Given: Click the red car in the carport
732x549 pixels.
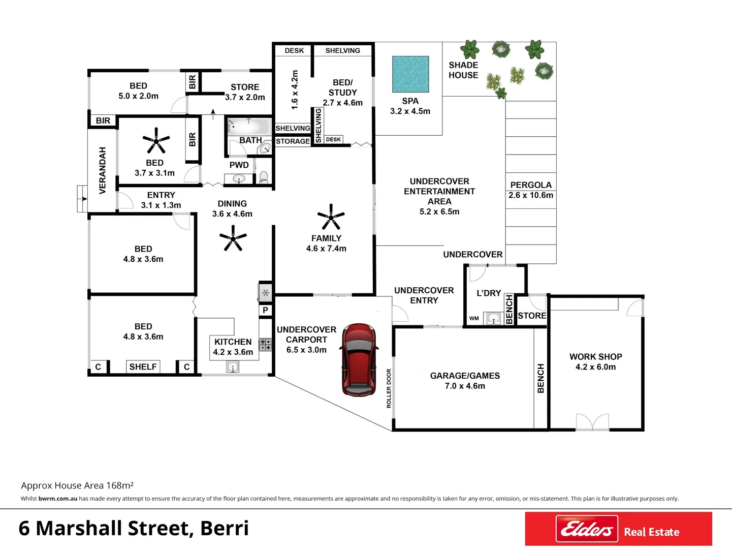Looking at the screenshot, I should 359,359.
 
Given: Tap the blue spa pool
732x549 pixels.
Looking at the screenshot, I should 410,74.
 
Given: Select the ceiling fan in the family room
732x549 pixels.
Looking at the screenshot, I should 331,217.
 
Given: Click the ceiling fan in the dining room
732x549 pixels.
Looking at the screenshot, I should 233,238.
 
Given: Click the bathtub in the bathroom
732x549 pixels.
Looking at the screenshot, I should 249,126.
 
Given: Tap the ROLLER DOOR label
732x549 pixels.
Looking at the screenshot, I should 389,388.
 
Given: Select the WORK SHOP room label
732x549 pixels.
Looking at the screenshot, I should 595,357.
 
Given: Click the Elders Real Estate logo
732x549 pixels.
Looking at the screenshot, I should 618,529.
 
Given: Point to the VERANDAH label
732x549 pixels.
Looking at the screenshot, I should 103,170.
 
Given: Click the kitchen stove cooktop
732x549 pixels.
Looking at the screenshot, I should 266,345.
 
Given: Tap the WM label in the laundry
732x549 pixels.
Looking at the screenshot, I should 474,319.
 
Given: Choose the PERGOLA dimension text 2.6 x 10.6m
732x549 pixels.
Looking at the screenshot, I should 531,195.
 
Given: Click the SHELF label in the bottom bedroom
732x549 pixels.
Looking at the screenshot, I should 143,367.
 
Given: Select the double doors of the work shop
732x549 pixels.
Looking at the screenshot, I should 592,422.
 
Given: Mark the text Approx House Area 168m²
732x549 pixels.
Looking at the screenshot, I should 77,485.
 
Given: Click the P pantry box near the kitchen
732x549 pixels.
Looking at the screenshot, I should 265,310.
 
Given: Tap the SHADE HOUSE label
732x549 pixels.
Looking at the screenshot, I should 463,70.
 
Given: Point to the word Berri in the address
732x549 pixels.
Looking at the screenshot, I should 225,528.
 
